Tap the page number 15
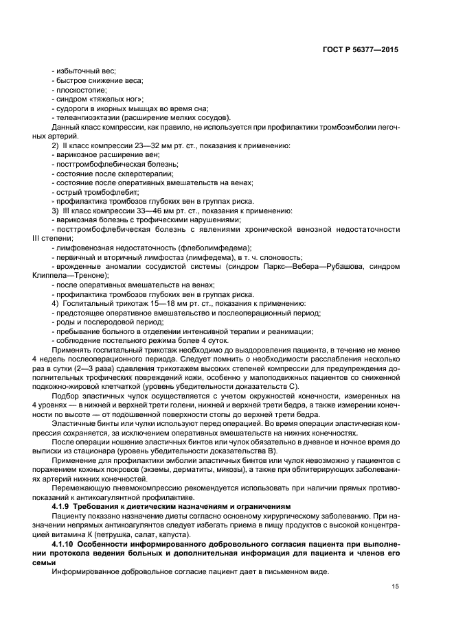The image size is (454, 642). (x=395, y=586)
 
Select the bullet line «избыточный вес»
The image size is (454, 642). (x=84, y=71)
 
